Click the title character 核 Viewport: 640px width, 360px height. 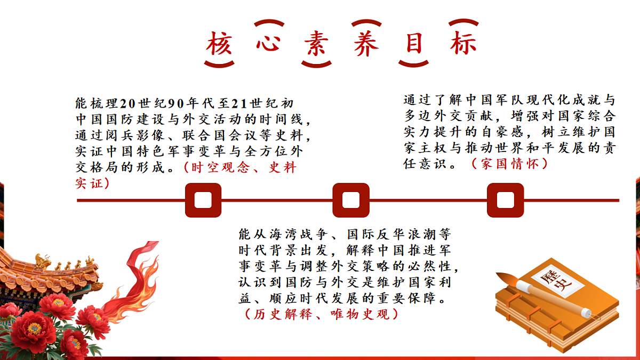[x=219, y=43]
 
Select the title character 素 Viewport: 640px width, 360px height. [x=316, y=43]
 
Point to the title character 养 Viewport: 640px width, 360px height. [x=366, y=43]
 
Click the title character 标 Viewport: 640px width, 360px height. [x=463, y=43]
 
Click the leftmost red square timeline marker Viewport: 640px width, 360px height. [x=203, y=200]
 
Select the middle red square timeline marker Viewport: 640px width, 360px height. [x=351, y=200]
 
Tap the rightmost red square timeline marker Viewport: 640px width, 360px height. [x=506, y=200]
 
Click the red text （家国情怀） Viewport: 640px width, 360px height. [x=509, y=164]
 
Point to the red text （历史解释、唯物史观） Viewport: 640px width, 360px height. [x=321, y=314]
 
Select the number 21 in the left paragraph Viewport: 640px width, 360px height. [x=239, y=103]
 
